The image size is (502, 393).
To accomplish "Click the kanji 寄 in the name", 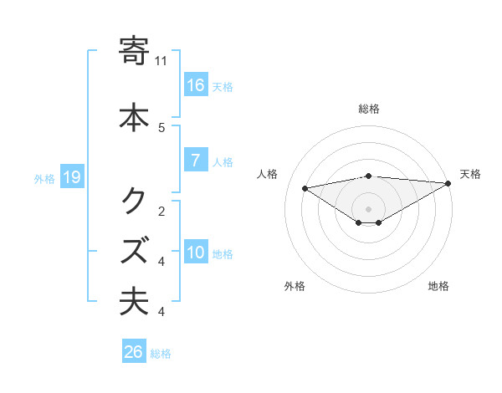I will (135, 52).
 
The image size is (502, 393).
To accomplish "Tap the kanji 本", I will (135, 116).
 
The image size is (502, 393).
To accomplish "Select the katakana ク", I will (135, 201).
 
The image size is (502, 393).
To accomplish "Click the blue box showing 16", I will (196, 84).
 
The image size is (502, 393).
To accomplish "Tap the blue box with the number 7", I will (196, 161).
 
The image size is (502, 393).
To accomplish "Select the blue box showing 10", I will (196, 253).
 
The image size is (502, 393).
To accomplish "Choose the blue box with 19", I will (71, 176).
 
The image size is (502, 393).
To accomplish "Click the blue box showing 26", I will (134, 352).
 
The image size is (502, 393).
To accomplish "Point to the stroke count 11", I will (161, 60).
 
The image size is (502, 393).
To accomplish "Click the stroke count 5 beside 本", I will (161, 127).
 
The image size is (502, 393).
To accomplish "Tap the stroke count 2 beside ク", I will (161, 211).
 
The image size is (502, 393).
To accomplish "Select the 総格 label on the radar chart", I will (369, 109).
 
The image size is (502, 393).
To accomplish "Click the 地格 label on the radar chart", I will (438, 286).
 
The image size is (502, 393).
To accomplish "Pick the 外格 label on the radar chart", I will (295, 286).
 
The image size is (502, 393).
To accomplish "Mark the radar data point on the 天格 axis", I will (449, 183).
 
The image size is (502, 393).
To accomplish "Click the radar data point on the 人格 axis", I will (305, 187).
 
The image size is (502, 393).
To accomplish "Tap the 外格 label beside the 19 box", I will (44, 177).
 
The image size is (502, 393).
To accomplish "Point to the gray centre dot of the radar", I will (368, 208).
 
